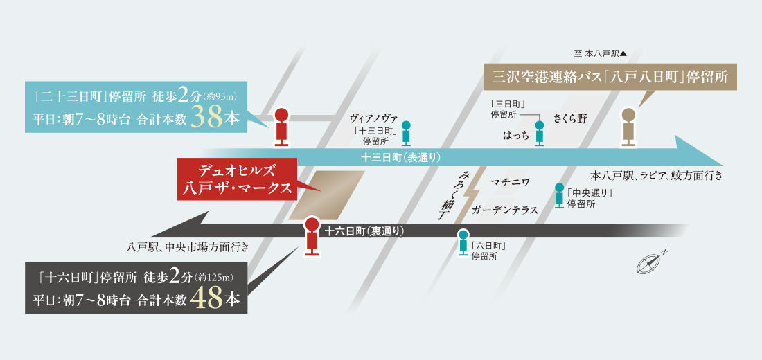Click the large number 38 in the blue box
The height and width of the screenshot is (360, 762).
tap(206, 117)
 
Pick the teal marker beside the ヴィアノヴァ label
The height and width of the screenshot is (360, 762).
tap(407, 133)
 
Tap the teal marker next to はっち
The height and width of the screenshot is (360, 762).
tap(540, 133)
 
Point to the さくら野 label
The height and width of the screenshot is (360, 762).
tap(570, 118)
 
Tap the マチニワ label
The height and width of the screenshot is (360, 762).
tap(511, 182)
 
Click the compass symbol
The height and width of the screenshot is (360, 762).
tap(650, 263)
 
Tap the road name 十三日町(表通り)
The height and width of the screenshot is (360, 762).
tap(400, 157)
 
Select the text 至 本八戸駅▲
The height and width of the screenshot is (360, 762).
tap(600, 53)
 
